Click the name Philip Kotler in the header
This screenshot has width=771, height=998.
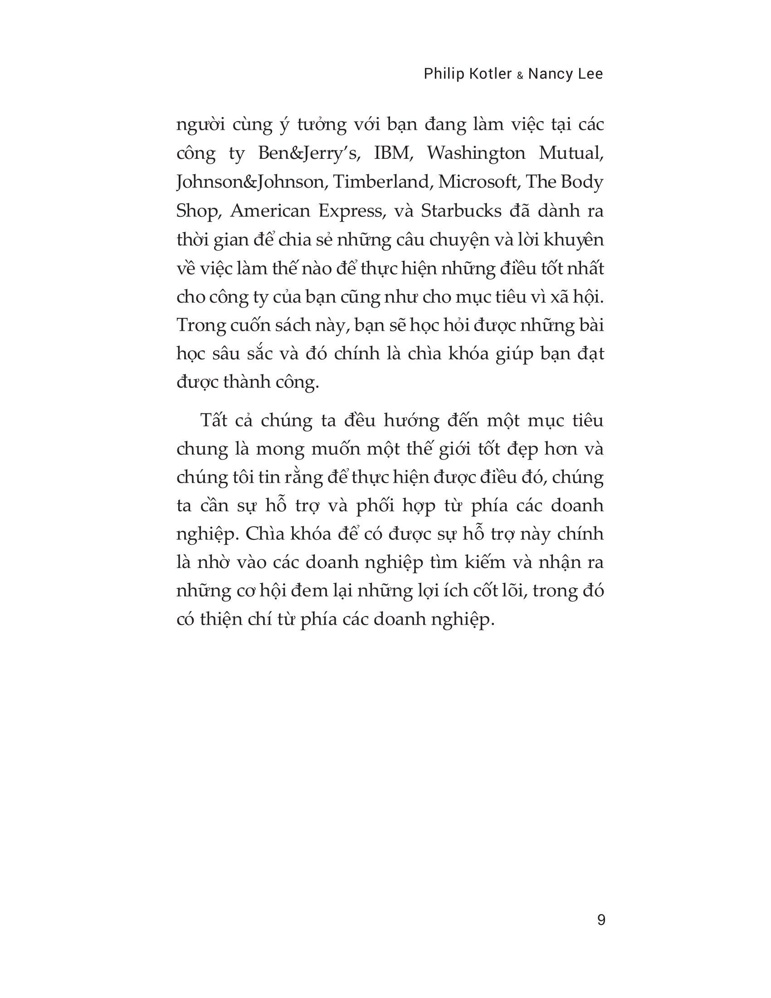(x=468, y=74)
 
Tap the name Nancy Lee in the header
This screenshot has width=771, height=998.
(x=566, y=74)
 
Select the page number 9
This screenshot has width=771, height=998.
(x=601, y=920)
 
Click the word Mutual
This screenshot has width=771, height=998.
(x=571, y=153)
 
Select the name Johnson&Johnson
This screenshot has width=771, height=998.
(x=250, y=182)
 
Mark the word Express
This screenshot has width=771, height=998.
(x=350, y=211)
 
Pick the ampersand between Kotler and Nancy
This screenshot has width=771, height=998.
(x=520, y=76)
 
